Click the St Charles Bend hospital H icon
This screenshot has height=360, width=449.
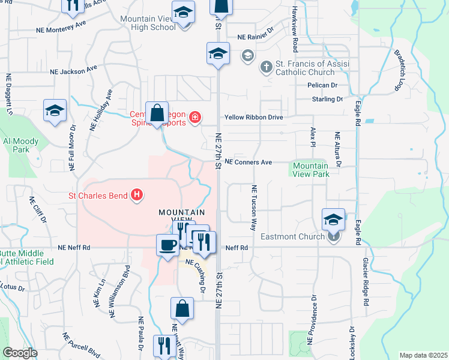click(137, 195)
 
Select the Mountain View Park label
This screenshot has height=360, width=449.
click(311, 170)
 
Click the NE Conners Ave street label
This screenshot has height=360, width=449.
click(249, 162)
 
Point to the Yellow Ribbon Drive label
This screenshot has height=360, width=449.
click(253, 118)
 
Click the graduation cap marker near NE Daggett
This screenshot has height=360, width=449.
click(55, 110)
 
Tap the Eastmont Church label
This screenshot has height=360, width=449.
click(292, 236)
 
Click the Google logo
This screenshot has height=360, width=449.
click(20, 353)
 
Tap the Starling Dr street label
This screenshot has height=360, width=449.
click(331, 99)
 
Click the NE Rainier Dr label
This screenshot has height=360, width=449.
click(256, 37)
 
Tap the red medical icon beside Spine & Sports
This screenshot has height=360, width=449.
click(195, 116)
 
